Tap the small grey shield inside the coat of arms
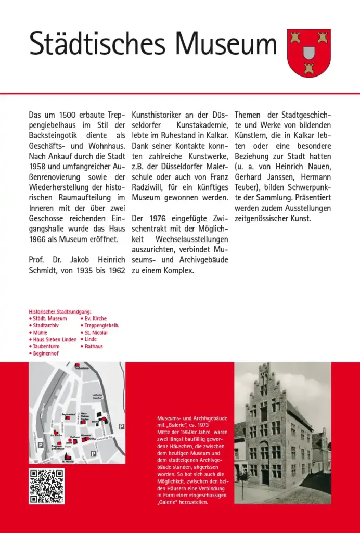point(309,53)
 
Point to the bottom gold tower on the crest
point(309,68)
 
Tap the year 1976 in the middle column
point(161,219)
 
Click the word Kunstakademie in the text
point(202,125)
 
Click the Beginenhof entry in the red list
point(45,353)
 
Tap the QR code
point(47,486)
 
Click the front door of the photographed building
point(265,475)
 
